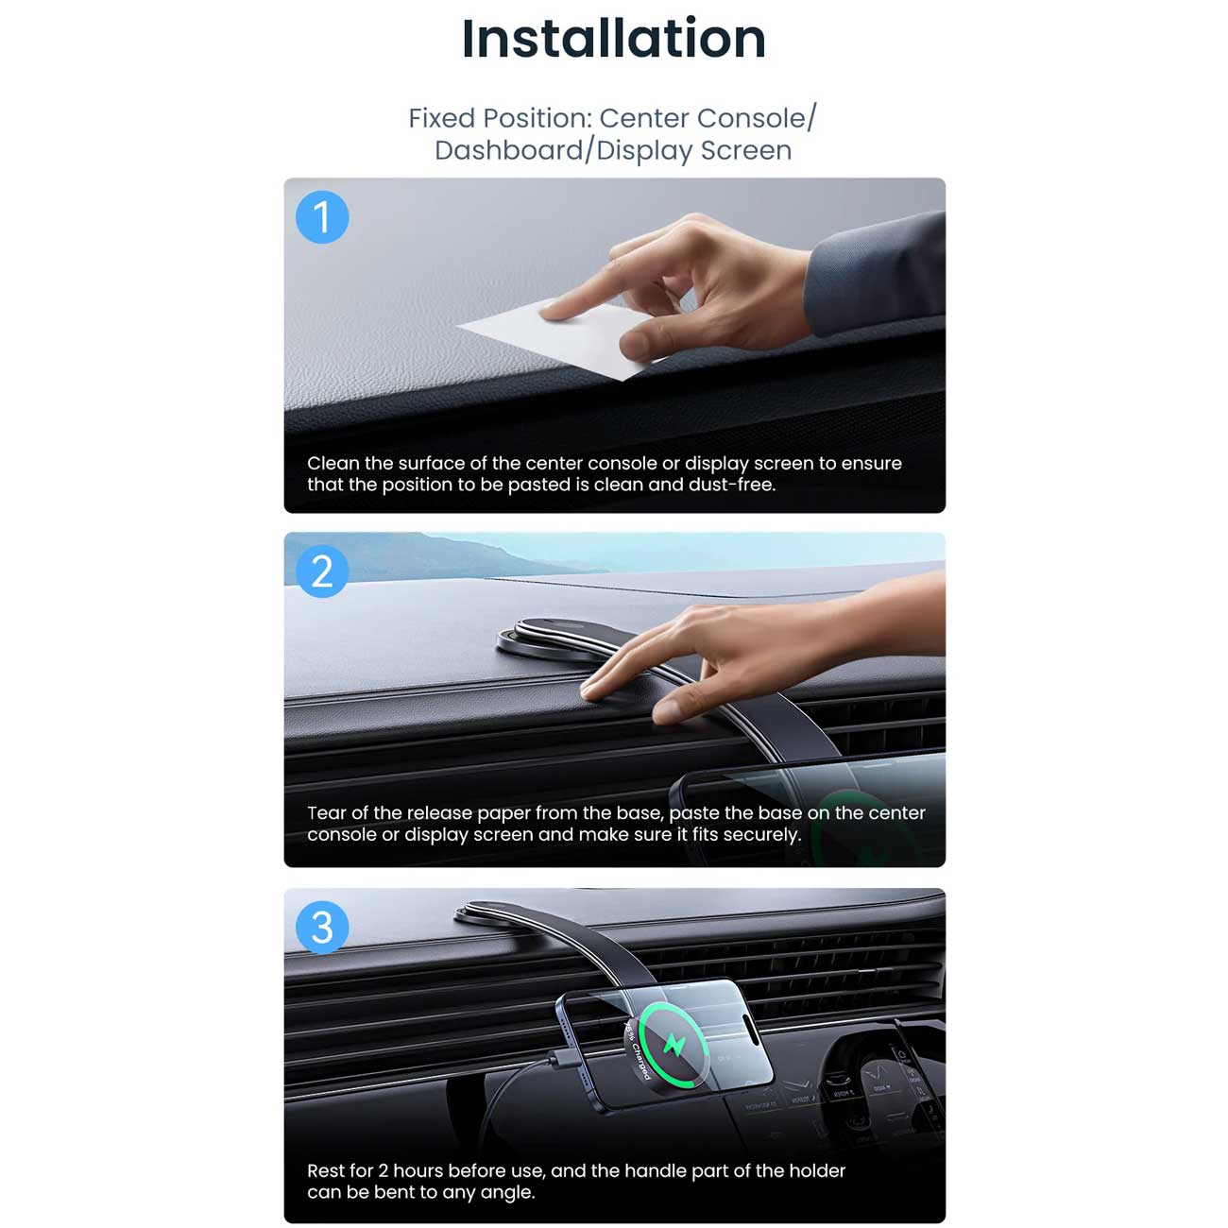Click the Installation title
pos(613,39)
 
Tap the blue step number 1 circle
pos(322,217)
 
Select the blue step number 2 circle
pos(322,571)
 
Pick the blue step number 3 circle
pos(322,928)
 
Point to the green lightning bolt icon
pos(674,1044)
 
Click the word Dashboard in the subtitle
pos(508,151)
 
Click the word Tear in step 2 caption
pos(326,813)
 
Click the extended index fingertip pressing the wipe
pos(548,312)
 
